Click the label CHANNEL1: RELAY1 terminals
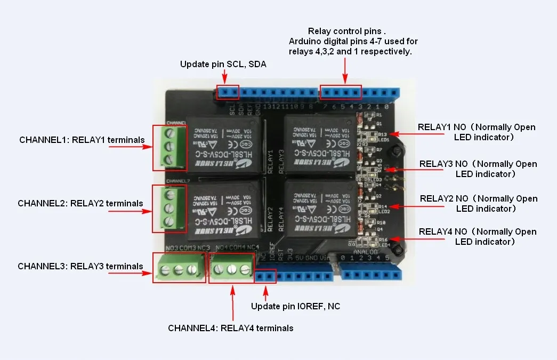coord(82,140)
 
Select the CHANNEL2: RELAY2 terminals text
coord(80,203)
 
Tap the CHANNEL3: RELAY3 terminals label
coord(80,266)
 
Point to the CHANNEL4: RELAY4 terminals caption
coord(230,328)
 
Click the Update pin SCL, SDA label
coord(223,64)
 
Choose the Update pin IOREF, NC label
coord(295,306)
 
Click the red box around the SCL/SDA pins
coord(228,92)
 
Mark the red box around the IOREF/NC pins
coord(265,276)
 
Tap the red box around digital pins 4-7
coord(341,92)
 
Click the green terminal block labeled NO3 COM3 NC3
coord(179,268)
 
